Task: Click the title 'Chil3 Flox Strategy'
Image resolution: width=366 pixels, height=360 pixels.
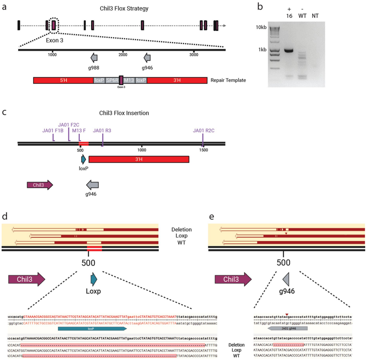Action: [121, 8]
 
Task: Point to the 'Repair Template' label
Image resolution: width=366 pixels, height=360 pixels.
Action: [228, 80]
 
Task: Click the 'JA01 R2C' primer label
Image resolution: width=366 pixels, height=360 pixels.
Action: [204, 131]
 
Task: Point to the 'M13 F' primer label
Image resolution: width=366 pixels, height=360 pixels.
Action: [79, 131]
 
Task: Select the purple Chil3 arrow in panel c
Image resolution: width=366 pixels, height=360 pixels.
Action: [40, 185]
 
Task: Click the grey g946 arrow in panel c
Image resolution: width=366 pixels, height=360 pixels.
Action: [93, 185]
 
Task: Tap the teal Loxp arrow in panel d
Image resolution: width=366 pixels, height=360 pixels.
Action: [94, 279]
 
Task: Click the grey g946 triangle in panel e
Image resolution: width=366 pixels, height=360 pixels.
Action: [285, 279]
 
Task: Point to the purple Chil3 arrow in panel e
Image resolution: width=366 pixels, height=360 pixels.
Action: [232, 279]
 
